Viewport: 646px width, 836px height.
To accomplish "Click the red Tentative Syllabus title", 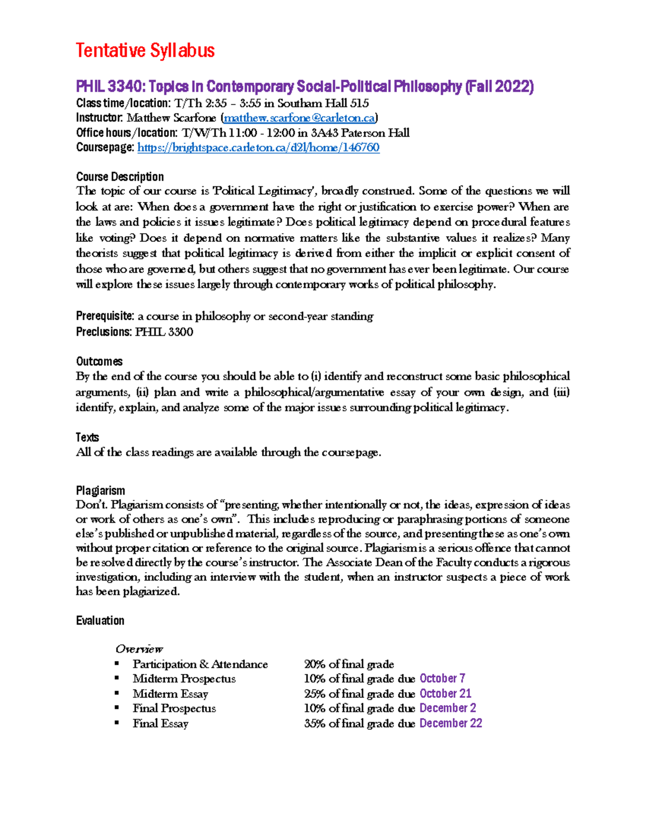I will [145, 51].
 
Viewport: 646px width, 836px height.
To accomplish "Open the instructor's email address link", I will [299, 118].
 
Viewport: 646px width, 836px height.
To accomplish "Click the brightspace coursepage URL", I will [258, 147].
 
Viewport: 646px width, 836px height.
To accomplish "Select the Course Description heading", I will [120, 177].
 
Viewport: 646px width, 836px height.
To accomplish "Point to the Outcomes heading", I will [99, 361].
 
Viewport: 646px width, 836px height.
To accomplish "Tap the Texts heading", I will [87, 437].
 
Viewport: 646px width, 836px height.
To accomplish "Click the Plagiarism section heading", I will [100, 490].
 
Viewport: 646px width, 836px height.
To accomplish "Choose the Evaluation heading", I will [100, 621].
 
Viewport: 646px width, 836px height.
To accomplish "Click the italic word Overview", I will [139, 649].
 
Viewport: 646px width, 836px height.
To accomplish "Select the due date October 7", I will [442, 678].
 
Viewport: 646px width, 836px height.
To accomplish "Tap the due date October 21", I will [445, 693].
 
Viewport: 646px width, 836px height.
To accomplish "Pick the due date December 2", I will [447, 708].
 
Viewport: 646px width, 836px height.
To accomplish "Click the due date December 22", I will [451, 723].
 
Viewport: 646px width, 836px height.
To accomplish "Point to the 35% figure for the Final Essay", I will [314, 723].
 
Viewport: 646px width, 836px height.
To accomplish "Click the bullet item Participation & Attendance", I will [200, 664].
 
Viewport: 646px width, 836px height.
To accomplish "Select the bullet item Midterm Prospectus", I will [184, 679].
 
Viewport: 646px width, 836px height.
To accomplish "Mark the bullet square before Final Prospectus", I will [117, 708].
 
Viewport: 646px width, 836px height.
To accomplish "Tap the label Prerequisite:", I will [105, 316].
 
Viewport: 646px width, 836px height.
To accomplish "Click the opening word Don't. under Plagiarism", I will [92, 505].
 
